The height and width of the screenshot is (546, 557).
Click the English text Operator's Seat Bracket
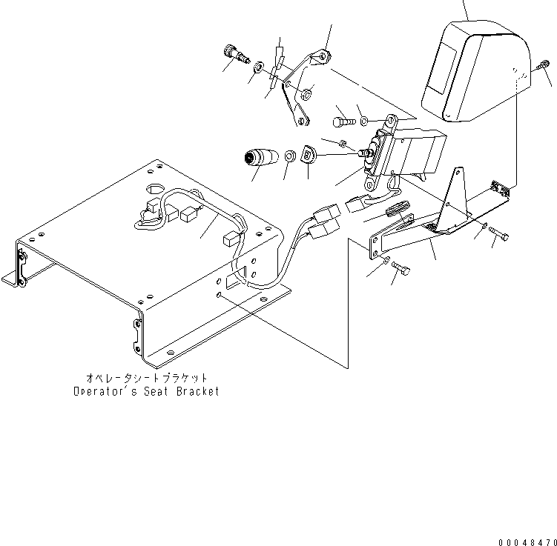[146, 391]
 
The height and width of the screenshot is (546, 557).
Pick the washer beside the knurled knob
[257, 68]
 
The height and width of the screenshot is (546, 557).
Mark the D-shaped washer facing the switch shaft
[309, 154]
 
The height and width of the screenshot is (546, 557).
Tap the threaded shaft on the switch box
[363, 153]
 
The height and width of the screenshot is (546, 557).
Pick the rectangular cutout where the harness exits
[235, 279]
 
